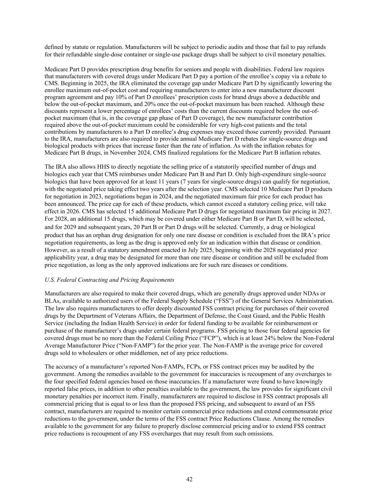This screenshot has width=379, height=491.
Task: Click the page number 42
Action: (189, 479)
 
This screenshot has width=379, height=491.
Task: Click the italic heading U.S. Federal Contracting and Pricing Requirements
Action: (109, 280)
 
